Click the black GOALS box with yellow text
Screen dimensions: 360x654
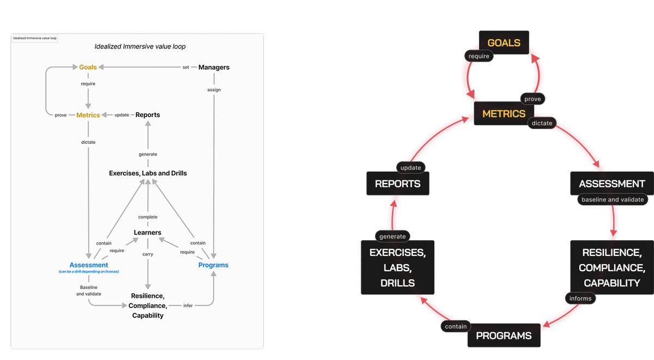click(504, 42)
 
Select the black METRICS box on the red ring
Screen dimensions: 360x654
click(504, 113)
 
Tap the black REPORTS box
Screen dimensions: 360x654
click(398, 184)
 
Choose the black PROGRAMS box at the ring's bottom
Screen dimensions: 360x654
click(504, 335)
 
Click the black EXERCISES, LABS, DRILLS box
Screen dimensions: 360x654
click(397, 268)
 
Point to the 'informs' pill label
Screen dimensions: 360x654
click(580, 298)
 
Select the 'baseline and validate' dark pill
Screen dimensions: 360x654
click(613, 199)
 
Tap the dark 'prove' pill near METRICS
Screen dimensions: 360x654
click(532, 99)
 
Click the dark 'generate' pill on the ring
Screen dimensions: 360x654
click(392, 236)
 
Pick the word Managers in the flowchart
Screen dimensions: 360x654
click(214, 68)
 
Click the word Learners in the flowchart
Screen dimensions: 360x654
click(148, 233)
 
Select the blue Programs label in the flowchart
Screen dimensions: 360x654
click(213, 265)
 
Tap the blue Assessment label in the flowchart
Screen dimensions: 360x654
click(89, 265)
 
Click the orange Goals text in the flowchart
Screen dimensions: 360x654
click(88, 68)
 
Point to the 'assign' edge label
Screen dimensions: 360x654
click(214, 89)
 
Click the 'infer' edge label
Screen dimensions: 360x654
click(187, 306)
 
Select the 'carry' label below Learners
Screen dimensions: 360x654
click(148, 254)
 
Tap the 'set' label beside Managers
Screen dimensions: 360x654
click(186, 68)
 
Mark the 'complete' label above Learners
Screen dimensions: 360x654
click(148, 217)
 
